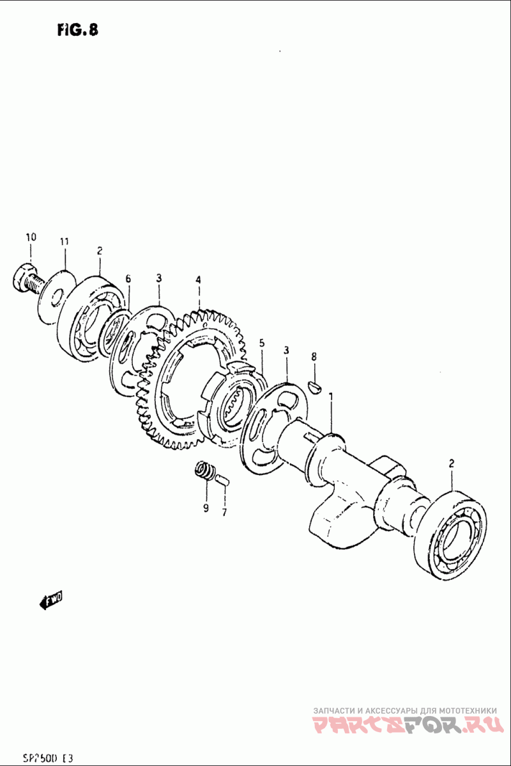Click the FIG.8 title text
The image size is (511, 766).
tap(76, 30)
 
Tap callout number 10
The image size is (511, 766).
tap(31, 237)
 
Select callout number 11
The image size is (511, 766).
tap(64, 241)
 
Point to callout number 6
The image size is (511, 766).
tap(128, 279)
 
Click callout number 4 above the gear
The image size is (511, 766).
tap(199, 280)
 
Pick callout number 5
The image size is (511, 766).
tap(261, 344)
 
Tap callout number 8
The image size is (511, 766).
tap(314, 356)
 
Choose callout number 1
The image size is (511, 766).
tap(331, 397)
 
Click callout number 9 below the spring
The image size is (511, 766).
tap(206, 509)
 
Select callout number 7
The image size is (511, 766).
tap(224, 512)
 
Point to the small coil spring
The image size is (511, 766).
tap(204, 474)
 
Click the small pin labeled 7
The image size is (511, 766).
tap(222, 480)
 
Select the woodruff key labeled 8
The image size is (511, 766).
tap(314, 385)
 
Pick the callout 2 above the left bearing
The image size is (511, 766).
tap(99, 251)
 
